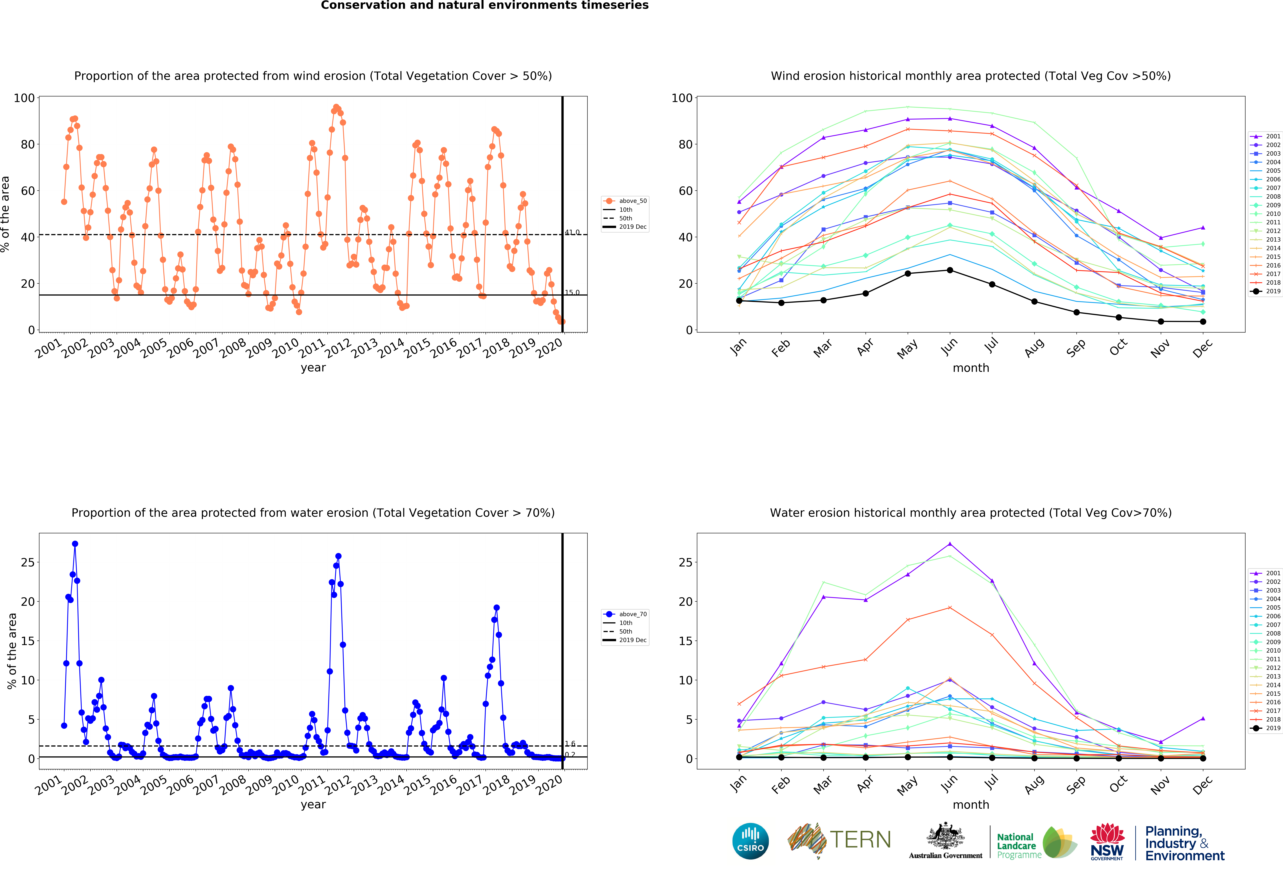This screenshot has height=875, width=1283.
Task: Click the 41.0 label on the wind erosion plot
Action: (572, 232)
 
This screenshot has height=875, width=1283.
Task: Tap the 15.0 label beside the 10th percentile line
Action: (572, 292)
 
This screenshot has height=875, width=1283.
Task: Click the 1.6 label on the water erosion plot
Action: (570, 744)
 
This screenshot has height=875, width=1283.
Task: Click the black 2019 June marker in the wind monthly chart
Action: (950, 270)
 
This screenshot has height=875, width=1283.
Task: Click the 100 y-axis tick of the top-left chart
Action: (24, 98)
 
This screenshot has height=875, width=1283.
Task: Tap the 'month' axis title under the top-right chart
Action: (970, 368)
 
